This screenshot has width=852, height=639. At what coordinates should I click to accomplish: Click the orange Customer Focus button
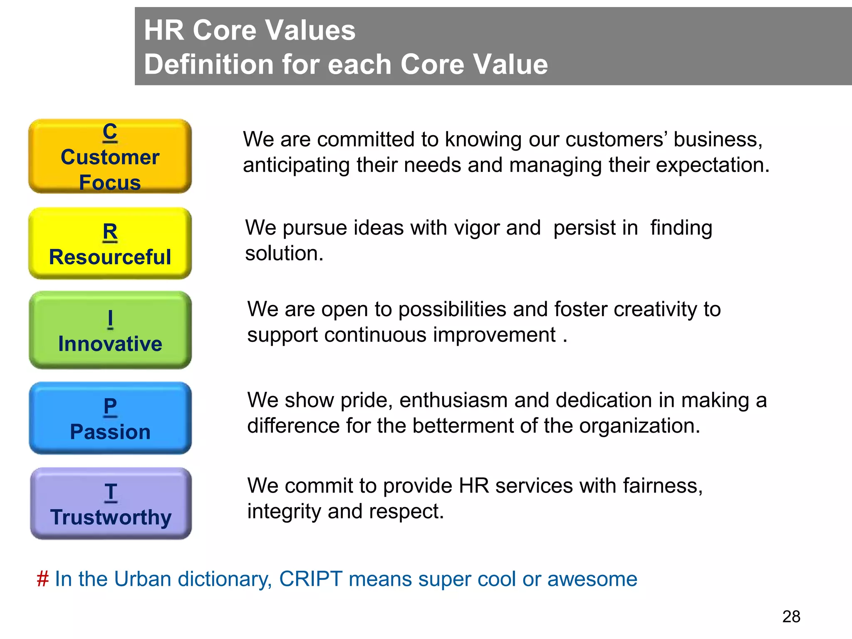point(110,156)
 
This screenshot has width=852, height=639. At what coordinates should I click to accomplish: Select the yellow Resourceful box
point(110,244)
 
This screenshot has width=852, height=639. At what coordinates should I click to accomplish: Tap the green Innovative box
point(110,330)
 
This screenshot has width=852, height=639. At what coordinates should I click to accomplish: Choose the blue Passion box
point(110,418)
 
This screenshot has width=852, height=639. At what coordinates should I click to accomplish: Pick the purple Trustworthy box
point(111,504)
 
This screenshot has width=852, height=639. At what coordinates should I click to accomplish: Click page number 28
point(791,617)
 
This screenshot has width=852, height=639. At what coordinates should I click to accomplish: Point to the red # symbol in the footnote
point(42,579)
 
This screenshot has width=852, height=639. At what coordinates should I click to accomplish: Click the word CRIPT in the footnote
point(311,579)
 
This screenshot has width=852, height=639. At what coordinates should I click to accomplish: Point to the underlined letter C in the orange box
point(110,131)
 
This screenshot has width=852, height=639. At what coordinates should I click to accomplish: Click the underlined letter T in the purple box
point(111,492)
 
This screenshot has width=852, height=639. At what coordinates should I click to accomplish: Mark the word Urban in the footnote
point(142,579)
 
